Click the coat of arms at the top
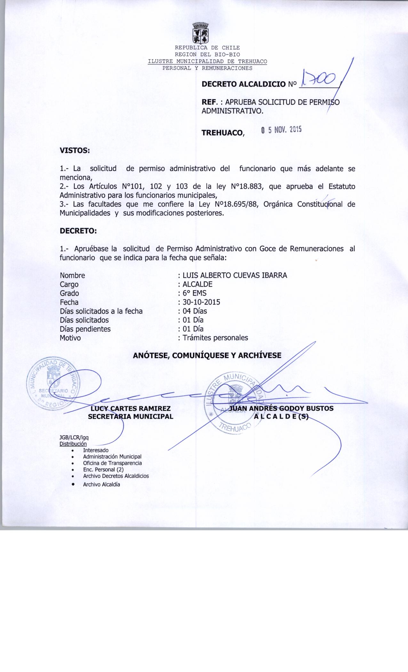[x=200, y=33]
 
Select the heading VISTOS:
[x=74, y=150]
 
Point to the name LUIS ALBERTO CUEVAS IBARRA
[x=235, y=275]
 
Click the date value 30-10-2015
[x=201, y=302]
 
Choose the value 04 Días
[x=195, y=311]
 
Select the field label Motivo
[x=70, y=338]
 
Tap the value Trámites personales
[x=215, y=338]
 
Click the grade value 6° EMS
[x=194, y=293]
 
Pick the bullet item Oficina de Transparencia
[x=112, y=463]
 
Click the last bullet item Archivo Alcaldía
[x=101, y=484]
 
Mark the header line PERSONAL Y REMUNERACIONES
[x=207, y=68]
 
